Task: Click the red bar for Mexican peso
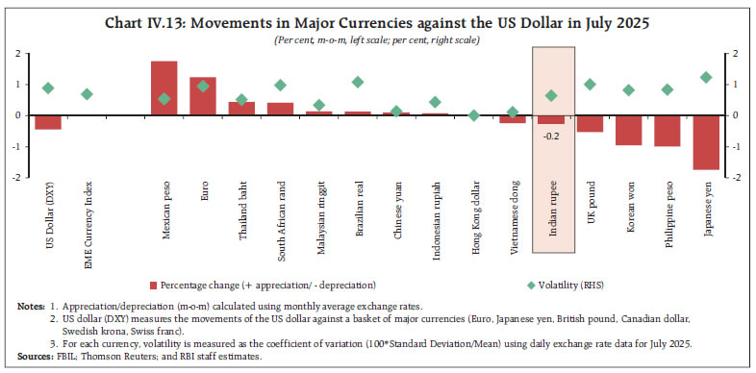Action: pyautogui.click(x=164, y=88)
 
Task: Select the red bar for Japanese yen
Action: pyautogui.click(x=706, y=142)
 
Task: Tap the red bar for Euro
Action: pyautogui.click(x=203, y=96)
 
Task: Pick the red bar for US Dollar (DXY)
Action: pyautogui.click(x=48, y=122)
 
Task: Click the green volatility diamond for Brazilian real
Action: pyautogui.click(x=358, y=83)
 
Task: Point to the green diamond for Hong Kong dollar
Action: pyautogui.click(x=473, y=115)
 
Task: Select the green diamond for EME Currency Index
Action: pyautogui.click(x=87, y=94)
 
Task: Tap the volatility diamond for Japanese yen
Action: pyautogui.click(x=706, y=77)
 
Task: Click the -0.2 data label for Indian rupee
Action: pyautogui.click(x=551, y=136)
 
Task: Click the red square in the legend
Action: pyautogui.click(x=153, y=286)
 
